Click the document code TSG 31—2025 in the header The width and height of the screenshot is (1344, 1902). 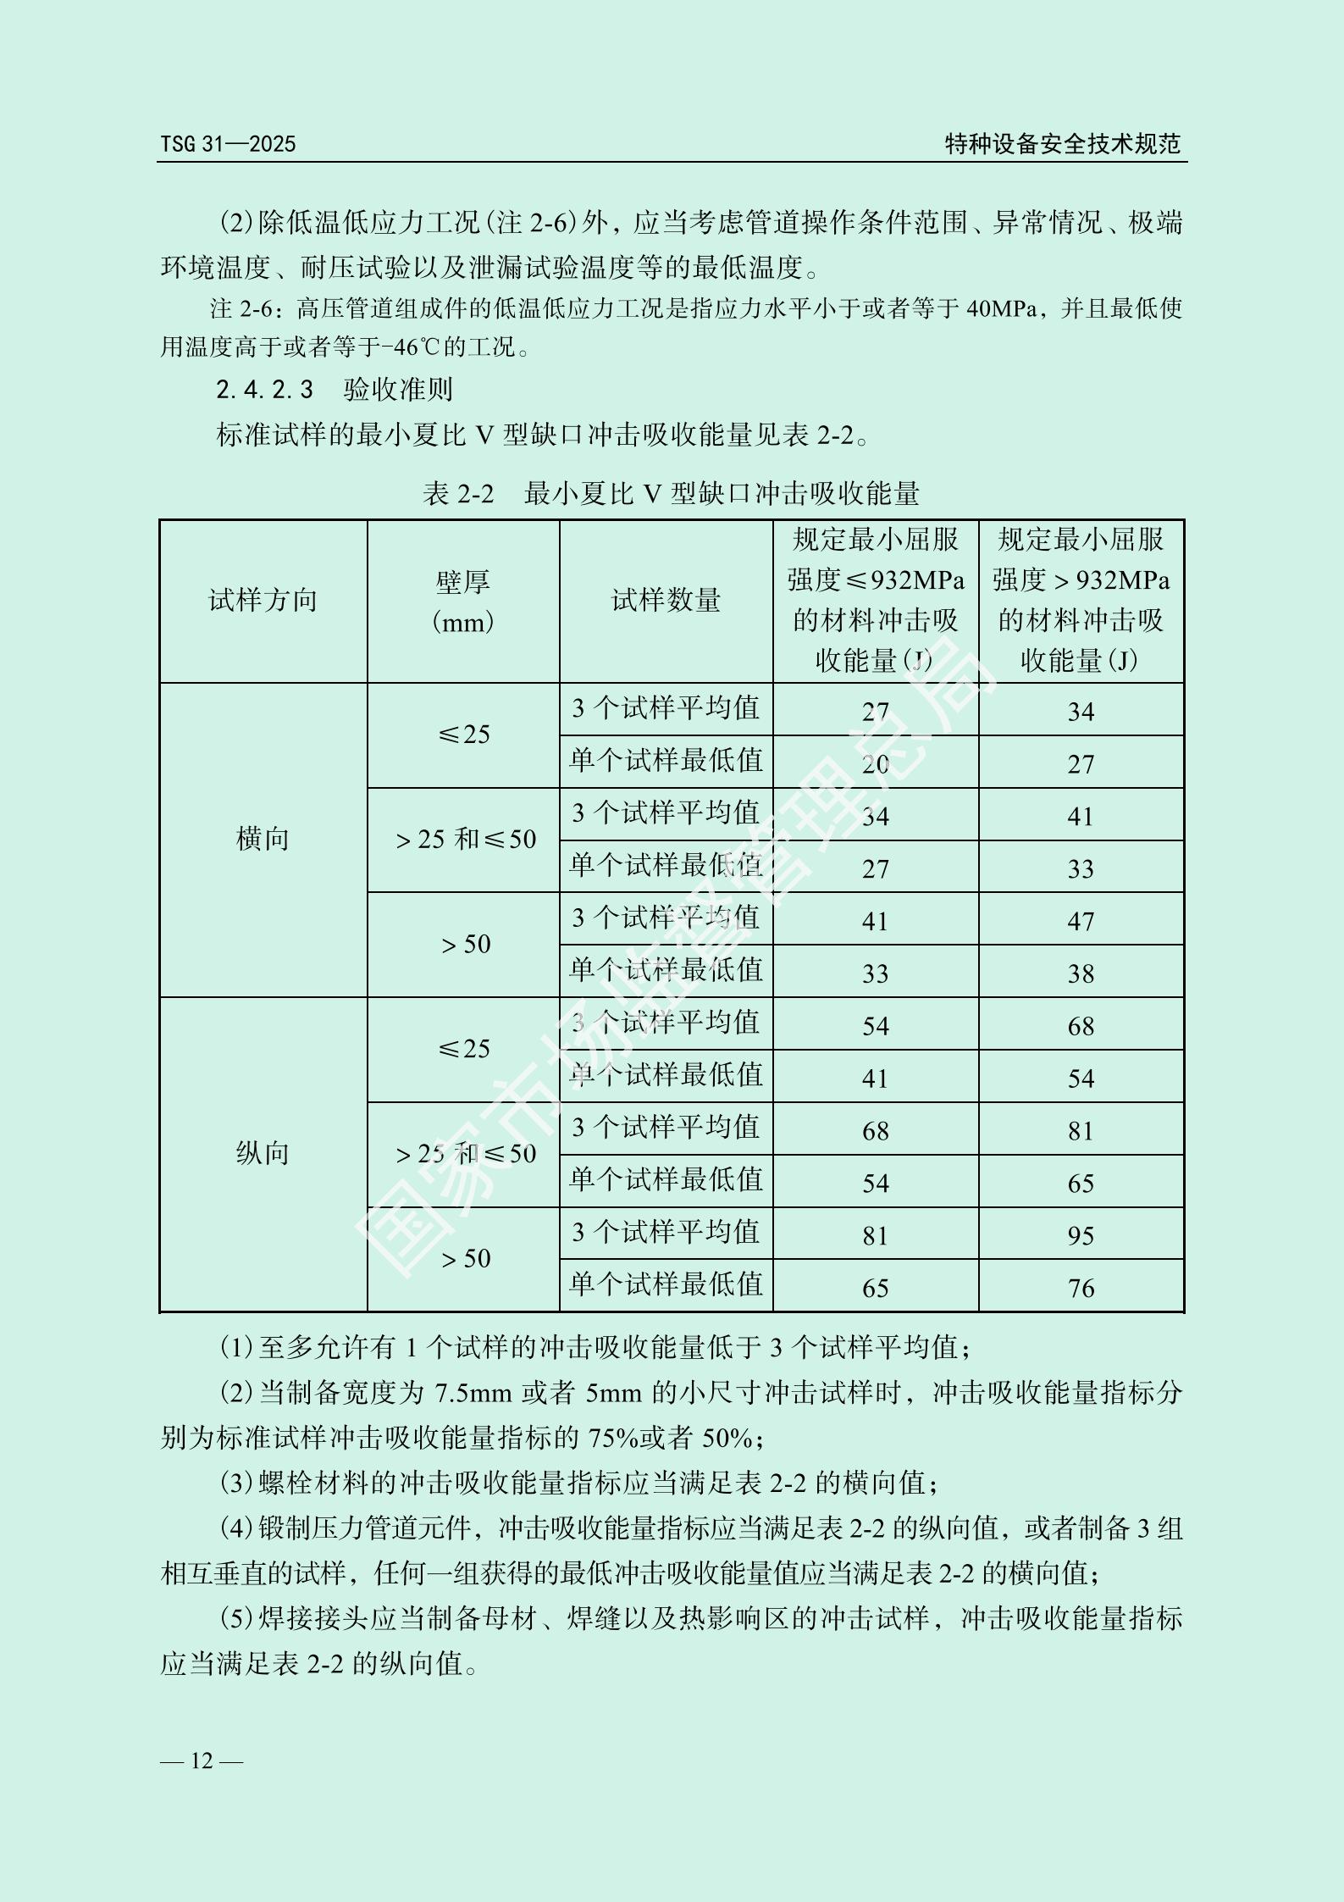click(229, 144)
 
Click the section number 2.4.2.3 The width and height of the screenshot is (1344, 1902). click(264, 390)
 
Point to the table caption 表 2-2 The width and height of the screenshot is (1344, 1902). click(457, 493)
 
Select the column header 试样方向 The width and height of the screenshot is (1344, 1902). click(263, 601)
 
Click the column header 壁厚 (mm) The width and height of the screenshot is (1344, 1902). click(463, 602)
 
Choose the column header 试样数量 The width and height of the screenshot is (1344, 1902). click(666, 601)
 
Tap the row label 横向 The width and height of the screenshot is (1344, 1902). click(263, 840)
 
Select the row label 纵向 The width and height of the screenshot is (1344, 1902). click(263, 1154)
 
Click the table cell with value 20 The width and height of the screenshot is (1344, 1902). click(875, 764)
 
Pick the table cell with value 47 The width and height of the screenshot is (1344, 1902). click(1081, 921)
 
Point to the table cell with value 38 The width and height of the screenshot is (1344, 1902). click(1081, 973)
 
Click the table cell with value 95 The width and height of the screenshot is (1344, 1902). click(1081, 1235)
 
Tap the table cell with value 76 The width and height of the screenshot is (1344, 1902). click(1081, 1288)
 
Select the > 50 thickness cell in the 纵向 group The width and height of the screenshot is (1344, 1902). click(466, 1259)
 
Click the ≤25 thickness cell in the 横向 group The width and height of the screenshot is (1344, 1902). click(464, 735)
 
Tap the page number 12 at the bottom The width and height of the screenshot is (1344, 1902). click(202, 1761)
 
